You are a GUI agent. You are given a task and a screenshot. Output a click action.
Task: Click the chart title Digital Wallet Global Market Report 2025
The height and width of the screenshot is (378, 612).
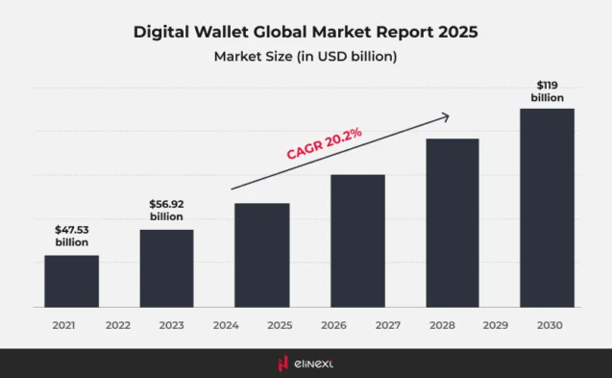point(305,32)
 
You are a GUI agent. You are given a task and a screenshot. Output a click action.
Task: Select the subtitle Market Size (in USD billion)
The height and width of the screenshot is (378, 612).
point(305,57)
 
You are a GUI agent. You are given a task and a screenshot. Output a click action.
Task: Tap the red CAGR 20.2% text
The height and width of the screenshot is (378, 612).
point(324,143)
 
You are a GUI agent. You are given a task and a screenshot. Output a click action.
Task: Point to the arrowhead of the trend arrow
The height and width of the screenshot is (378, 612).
point(447,116)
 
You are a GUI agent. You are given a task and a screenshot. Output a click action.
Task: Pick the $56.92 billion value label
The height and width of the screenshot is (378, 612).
point(166,211)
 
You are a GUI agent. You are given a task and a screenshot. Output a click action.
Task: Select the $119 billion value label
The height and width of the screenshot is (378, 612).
point(547,90)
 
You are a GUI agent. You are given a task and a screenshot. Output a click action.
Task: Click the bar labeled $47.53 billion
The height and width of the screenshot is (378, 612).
point(71,281)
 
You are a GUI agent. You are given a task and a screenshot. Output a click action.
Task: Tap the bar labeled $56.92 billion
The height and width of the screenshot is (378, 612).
point(166,268)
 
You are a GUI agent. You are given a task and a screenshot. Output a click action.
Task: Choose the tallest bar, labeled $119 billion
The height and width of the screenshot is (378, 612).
point(547,208)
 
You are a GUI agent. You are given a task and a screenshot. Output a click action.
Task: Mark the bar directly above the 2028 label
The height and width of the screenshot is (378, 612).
point(452,223)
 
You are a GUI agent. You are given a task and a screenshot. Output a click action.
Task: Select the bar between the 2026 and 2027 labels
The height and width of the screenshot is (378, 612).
point(357,240)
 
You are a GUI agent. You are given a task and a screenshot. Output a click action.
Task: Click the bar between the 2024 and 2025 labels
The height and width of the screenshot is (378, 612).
point(261,255)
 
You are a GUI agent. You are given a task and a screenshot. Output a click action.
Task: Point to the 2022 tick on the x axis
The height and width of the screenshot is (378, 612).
point(118,326)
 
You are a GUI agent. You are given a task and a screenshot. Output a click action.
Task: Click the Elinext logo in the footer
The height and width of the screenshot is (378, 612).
point(305,363)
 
